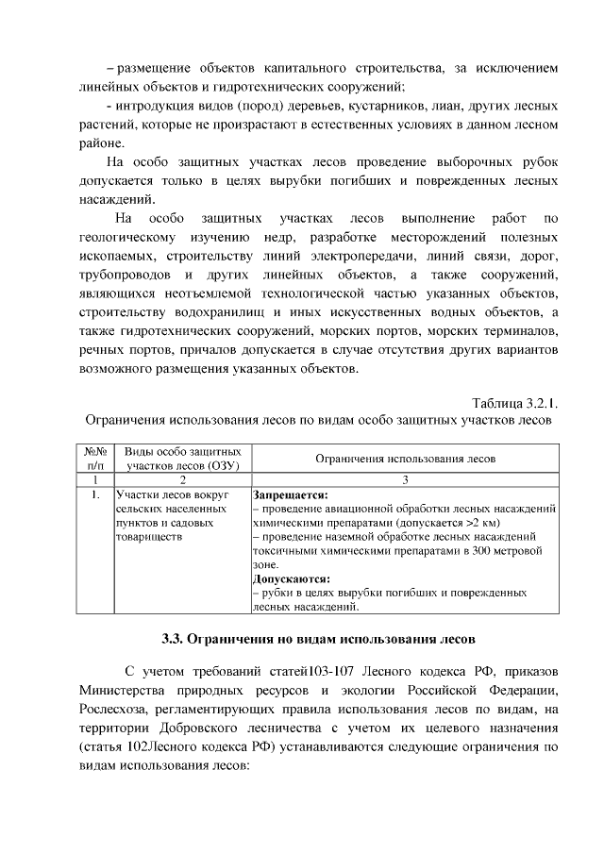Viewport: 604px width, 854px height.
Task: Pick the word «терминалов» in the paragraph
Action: pos(509,331)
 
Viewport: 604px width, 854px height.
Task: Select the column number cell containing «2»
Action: pos(181,480)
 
